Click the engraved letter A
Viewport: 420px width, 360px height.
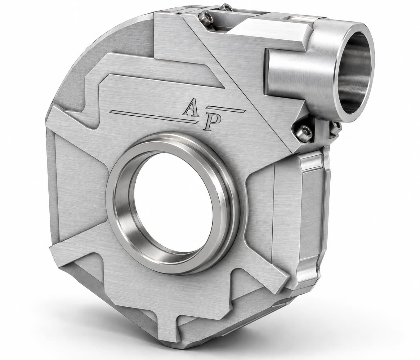tap(191, 107)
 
